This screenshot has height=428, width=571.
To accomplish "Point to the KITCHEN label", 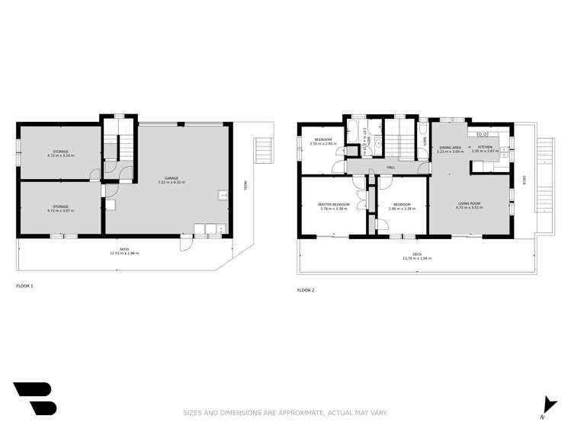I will point(485,147).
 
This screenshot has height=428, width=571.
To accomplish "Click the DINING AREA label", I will point(450,147).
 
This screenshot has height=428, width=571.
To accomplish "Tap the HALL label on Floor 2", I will point(390,168).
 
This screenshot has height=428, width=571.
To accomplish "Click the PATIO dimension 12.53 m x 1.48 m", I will point(124,253).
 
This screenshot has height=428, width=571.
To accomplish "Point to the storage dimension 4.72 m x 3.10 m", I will point(60,155).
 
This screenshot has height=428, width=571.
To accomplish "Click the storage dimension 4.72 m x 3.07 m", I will point(60,210).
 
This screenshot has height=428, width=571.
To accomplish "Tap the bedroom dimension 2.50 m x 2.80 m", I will point(323,143).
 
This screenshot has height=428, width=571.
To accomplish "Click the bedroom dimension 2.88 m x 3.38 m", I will point(402,208).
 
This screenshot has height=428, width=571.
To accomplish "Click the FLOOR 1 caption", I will point(25,286).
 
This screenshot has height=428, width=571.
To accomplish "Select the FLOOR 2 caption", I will point(306,290).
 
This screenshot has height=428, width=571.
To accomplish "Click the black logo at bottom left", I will point(34,398).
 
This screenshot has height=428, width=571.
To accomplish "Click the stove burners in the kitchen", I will point(483,134).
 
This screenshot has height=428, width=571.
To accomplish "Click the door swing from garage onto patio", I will point(186,244).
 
